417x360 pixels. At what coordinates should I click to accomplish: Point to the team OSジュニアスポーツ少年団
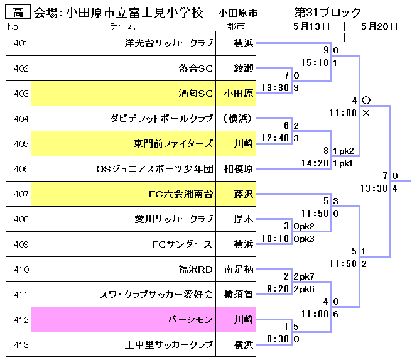point(154,169)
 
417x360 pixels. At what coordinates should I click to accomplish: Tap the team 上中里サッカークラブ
point(171,344)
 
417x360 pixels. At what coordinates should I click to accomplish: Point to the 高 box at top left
point(18,12)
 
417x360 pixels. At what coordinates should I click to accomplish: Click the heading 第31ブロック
point(327,12)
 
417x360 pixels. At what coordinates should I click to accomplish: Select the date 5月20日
point(379,26)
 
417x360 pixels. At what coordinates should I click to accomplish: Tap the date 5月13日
point(311,26)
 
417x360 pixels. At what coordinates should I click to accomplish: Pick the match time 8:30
point(279,339)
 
